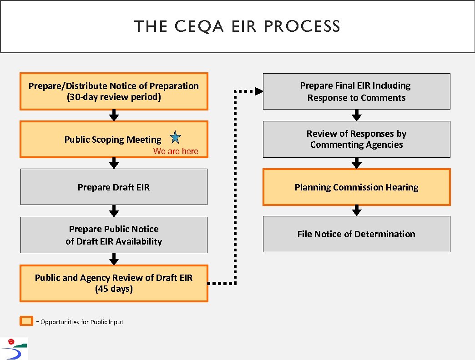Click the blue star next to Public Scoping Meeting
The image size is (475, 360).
(175, 137)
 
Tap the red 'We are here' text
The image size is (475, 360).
(176, 151)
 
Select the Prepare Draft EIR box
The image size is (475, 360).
(114, 187)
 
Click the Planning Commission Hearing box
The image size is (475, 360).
(356, 187)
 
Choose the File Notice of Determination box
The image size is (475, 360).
(356, 234)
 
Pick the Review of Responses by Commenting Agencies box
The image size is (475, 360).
(356, 139)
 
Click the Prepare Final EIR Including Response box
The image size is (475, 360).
(356, 91)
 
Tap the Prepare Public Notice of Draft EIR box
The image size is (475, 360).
(114, 235)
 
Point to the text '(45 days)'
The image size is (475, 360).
(114, 289)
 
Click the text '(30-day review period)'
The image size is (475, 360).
(114, 97)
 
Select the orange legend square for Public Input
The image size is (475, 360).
(27, 321)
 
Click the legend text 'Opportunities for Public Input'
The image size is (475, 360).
(82, 322)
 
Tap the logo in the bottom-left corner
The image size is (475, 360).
(14, 349)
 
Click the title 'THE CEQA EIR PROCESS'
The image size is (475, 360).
(237, 26)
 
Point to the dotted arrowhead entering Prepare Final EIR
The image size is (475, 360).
(258, 91)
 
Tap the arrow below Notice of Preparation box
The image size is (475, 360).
(114, 115)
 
